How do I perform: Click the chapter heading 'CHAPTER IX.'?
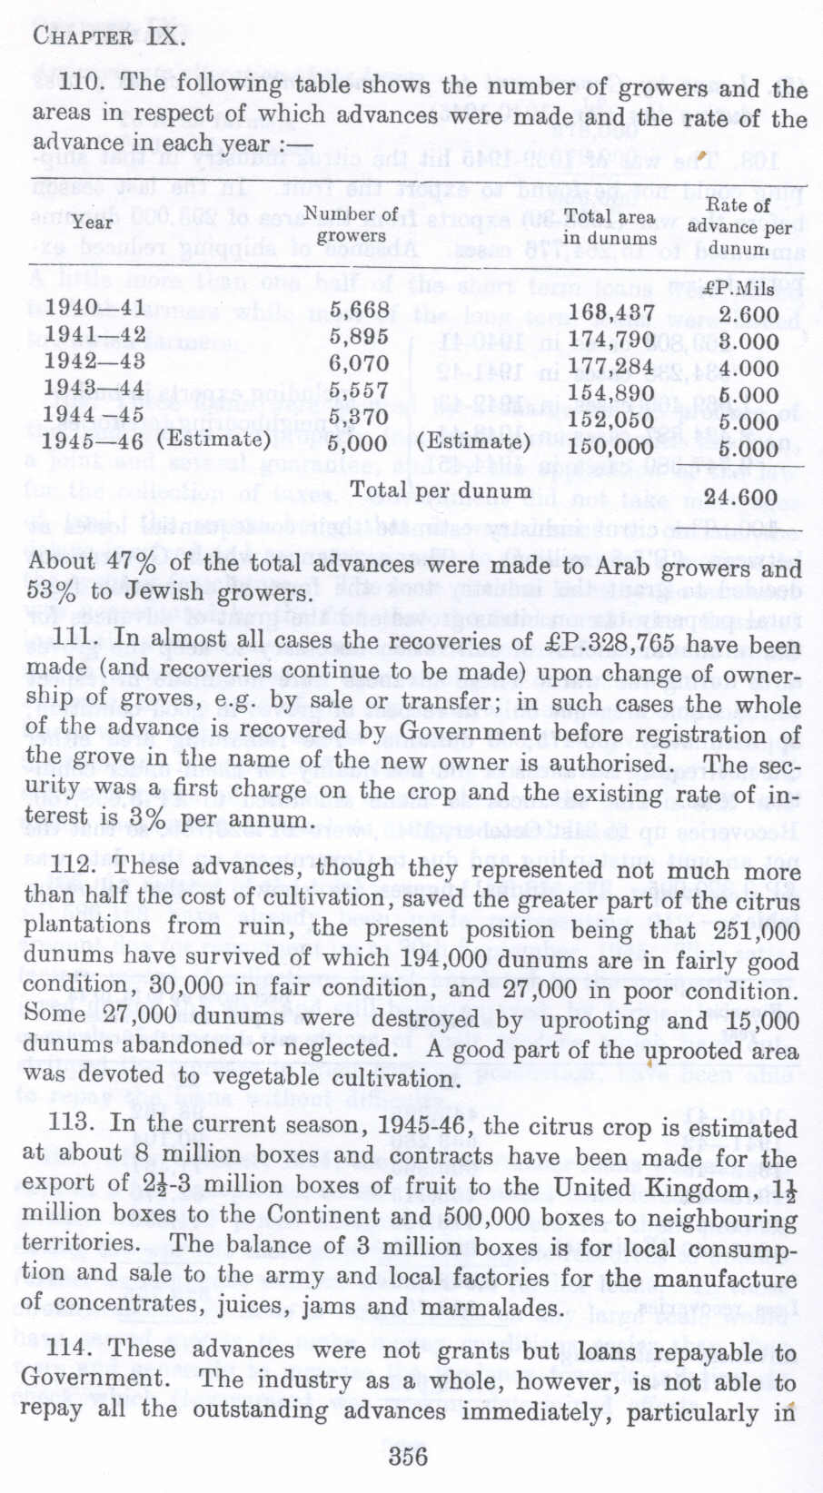110,38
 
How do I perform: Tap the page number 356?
408,1456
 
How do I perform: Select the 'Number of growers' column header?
351,224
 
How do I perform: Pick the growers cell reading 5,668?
359,310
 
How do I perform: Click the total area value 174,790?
611,341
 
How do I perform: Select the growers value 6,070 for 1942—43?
359,364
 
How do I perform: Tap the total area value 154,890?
611,393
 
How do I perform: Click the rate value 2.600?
749,315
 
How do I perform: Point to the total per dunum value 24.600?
741,498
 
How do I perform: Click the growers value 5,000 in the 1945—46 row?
357,445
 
